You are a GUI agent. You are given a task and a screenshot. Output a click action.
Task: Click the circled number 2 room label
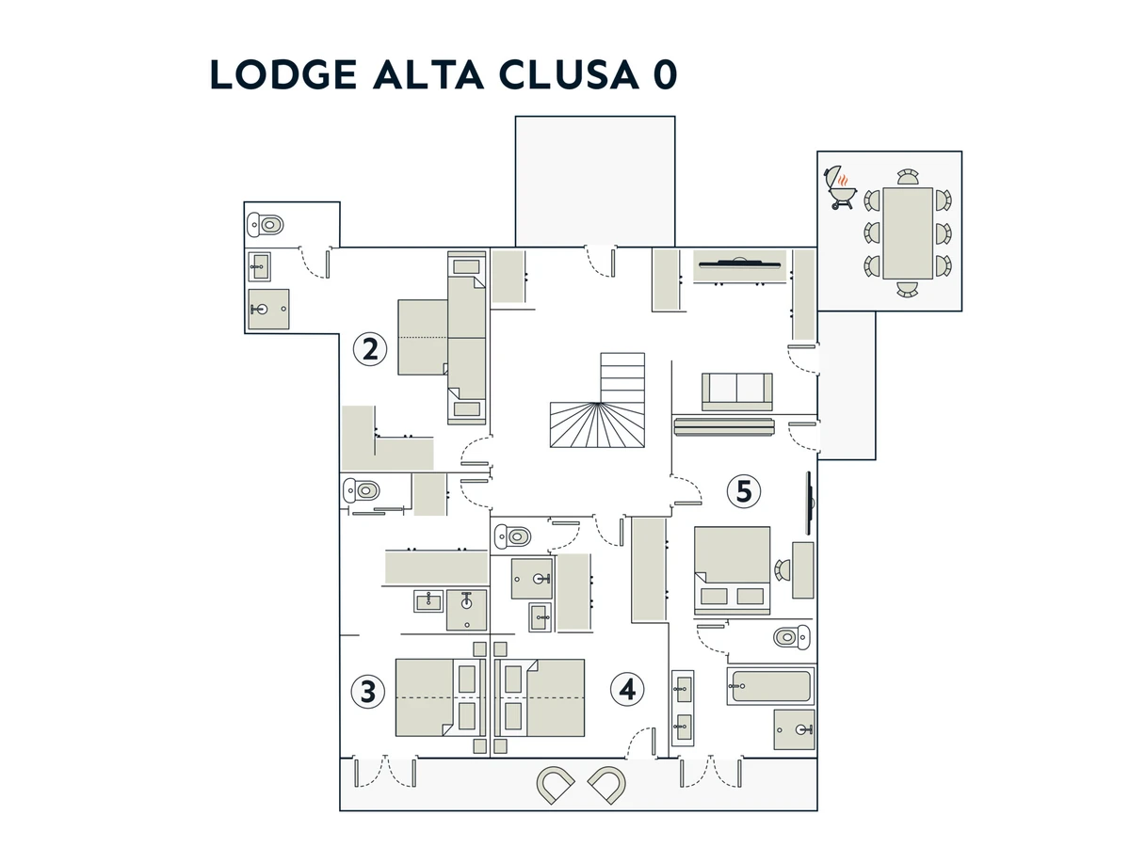click(370, 349)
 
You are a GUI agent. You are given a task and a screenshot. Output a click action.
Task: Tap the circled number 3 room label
click(368, 692)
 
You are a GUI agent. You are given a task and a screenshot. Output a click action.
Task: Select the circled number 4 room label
click(627, 690)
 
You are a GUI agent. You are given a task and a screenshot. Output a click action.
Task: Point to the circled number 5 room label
click(744, 490)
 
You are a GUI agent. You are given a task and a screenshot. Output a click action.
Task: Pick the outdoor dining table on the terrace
click(907, 232)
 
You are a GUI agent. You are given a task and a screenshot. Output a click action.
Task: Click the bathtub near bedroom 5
click(769, 686)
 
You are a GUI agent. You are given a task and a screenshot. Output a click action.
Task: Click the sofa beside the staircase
click(735, 391)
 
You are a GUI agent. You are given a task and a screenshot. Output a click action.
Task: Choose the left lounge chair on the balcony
click(557, 783)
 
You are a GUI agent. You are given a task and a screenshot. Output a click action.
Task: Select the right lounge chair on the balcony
click(607, 783)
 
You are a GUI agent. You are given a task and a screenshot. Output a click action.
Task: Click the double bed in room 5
click(732, 569)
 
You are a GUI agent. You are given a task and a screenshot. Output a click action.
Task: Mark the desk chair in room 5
click(783, 569)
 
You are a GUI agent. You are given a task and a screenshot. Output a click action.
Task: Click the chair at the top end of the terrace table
click(907, 176)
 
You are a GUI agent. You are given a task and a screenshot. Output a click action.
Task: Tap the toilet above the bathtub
click(789, 637)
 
